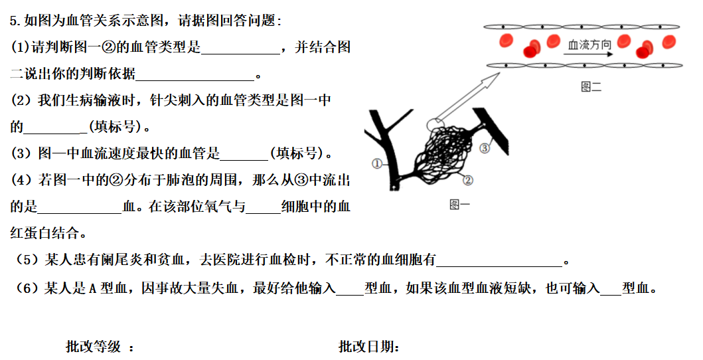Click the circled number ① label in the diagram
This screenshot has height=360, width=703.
click(377, 163)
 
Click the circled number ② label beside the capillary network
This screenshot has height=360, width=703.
click(467, 179)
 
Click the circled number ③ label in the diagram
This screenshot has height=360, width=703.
click(485, 148)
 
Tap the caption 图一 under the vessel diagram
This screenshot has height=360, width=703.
click(459, 205)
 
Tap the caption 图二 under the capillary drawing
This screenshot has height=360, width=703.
click(591, 87)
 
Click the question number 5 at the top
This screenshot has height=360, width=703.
click(13, 21)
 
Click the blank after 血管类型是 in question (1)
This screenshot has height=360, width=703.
click(240, 48)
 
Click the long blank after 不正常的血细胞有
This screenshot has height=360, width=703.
click(499, 260)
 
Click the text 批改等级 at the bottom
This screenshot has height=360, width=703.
click(93, 347)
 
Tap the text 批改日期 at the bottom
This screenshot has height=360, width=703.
click(368, 347)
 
